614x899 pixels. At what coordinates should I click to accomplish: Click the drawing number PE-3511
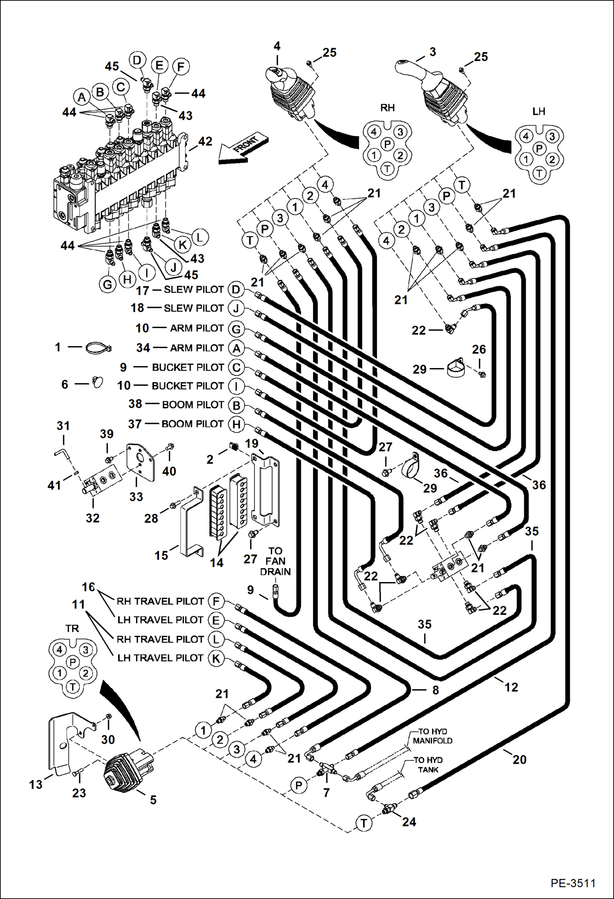tap(573, 883)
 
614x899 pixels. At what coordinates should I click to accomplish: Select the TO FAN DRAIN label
tap(275, 561)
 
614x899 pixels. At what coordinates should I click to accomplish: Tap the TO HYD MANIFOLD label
tap(432, 736)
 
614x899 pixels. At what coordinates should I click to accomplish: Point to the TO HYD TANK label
tap(428, 765)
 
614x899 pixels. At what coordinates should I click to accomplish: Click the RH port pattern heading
tap(387, 108)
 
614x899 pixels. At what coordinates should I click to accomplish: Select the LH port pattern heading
tap(539, 112)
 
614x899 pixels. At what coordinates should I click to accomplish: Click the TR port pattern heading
tap(72, 628)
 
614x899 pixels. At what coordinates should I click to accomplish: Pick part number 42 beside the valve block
tap(205, 141)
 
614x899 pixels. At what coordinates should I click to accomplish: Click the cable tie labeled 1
tap(98, 348)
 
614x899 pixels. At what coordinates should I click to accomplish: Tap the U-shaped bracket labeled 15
tap(191, 523)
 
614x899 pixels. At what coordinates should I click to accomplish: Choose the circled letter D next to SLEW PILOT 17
tap(236, 290)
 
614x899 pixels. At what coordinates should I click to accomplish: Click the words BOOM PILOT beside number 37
tap(192, 424)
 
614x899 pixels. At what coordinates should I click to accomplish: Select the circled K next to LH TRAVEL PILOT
tap(216, 659)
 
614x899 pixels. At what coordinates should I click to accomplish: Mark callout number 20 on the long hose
tap(519, 760)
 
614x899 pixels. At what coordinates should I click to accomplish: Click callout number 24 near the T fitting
tap(409, 822)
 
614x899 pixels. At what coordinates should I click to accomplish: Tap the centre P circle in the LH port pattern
tap(539, 148)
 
